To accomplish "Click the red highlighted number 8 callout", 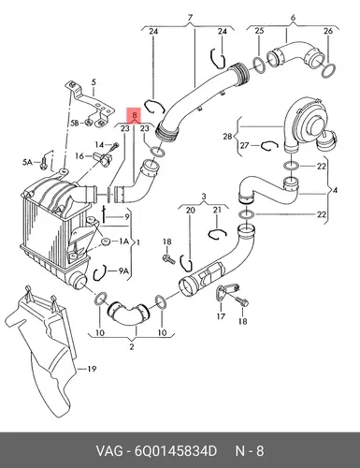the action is pyautogui.click(x=135, y=115).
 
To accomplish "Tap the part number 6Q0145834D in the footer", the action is pyautogui.click(x=176, y=451).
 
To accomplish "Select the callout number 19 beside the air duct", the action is pyautogui.click(x=92, y=369).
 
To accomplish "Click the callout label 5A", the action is pyautogui.click(x=27, y=162).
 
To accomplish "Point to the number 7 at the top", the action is pyautogui.click(x=190, y=18).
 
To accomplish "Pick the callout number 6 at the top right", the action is pyautogui.click(x=293, y=18).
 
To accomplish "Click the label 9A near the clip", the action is pyautogui.click(x=123, y=271).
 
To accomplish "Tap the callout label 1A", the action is pyautogui.click(x=123, y=241).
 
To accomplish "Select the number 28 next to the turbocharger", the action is pyautogui.click(x=228, y=137).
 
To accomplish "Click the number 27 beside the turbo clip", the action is pyautogui.click(x=244, y=145).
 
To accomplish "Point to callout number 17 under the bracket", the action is pyautogui.click(x=221, y=316).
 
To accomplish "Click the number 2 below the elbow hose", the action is pyautogui.click(x=132, y=346).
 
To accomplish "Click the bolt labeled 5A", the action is pyautogui.click(x=43, y=164).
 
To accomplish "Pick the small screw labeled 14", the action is pyautogui.click(x=115, y=146).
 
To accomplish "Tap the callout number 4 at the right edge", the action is pyautogui.click(x=335, y=190).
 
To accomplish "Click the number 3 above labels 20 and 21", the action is pyautogui.click(x=204, y=197).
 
